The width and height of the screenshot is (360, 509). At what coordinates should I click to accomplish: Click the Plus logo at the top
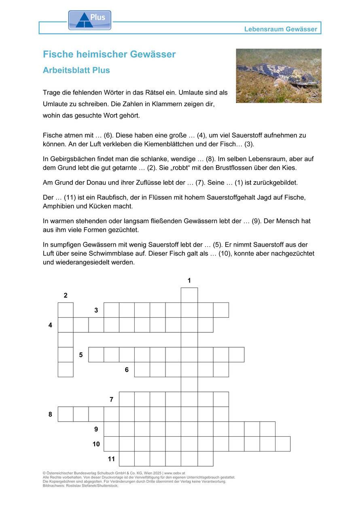click(89, 20)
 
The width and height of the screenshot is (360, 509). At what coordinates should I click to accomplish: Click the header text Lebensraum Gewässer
click(281, 29)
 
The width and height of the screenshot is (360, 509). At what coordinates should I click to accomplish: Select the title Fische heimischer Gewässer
click(109, 54)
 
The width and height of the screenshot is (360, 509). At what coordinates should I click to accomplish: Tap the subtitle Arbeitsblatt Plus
click(76, 70)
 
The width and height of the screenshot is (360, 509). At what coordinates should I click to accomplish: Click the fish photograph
click(279, 76)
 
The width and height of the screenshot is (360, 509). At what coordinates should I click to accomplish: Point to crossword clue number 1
click(189, 280)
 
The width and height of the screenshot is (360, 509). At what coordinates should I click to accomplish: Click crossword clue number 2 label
click(66, 296)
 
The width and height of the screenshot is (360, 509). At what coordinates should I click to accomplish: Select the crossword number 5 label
click(81, 355)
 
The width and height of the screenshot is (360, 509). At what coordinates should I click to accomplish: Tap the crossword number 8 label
click(50, 414)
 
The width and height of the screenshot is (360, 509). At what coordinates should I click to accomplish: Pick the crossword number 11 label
click(111, 459)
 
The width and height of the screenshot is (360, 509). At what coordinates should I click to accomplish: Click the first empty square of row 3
click(112, 310)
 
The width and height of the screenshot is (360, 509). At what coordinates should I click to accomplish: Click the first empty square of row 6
click(142, 370)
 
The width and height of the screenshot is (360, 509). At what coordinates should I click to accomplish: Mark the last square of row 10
click(283, 444)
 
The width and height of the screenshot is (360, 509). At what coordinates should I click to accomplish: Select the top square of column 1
click(189, 295)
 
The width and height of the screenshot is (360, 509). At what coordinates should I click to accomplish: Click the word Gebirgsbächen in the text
click(70, 159)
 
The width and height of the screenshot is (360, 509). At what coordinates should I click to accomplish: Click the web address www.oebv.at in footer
click(174, 473)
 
